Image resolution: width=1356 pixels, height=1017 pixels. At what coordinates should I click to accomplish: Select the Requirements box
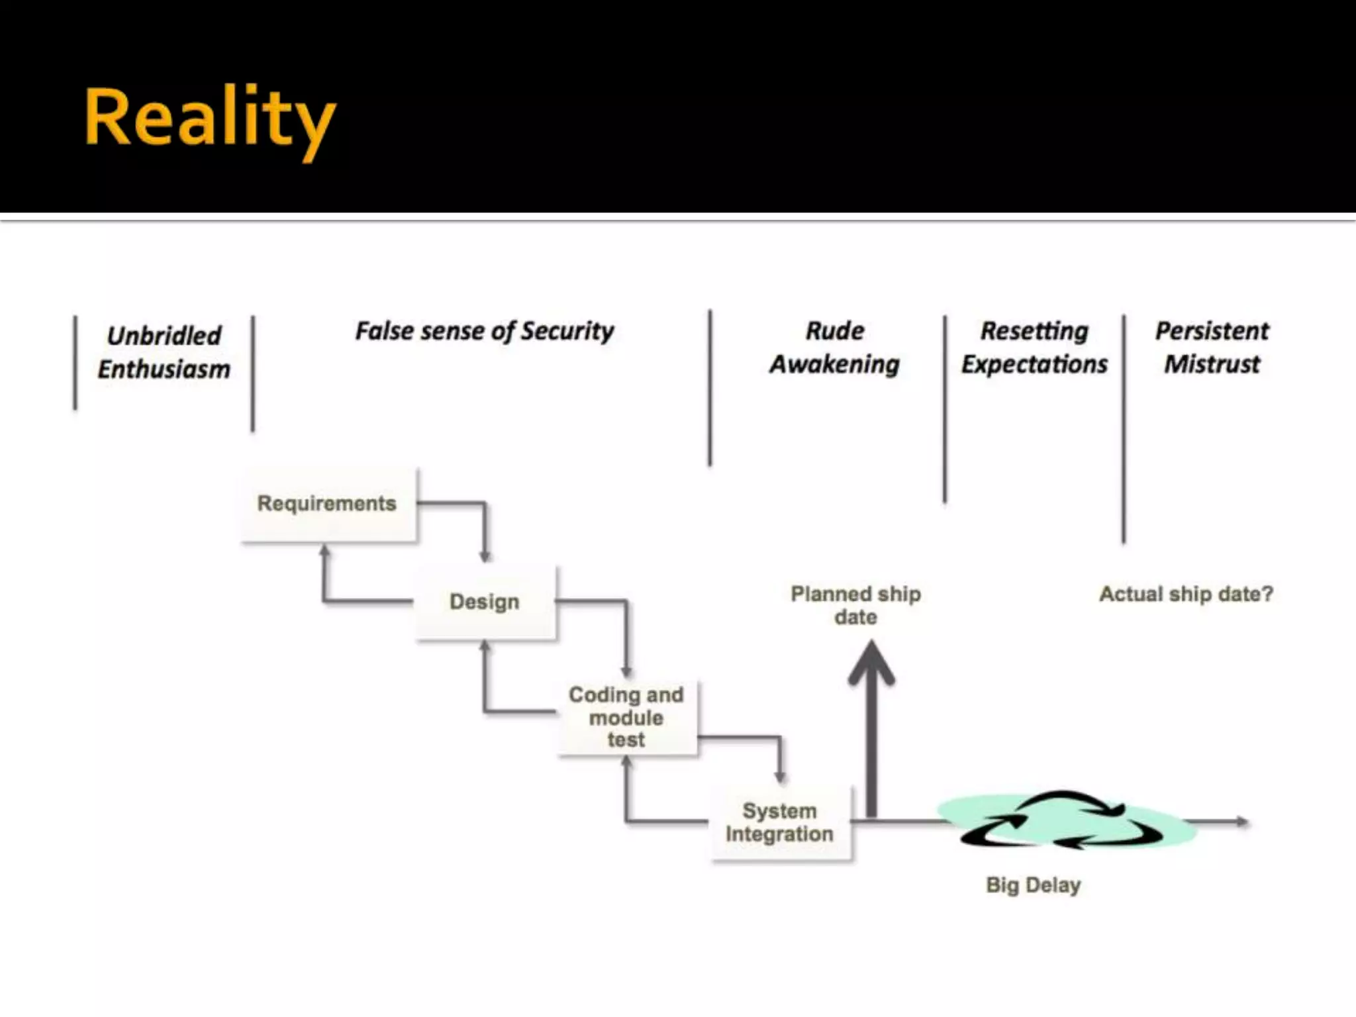click(x=327, y=504)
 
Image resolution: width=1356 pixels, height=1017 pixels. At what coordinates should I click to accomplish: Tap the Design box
click(x=485, y=602)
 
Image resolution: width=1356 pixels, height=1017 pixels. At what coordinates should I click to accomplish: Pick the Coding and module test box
click(x=626, y=717)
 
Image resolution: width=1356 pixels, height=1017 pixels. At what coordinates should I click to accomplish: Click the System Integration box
click(x=780, y=822)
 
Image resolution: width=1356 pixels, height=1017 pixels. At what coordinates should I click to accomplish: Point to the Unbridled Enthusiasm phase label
click(x=164, y=352)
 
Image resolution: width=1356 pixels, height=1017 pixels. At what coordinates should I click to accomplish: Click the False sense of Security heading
click(x=485, y=331)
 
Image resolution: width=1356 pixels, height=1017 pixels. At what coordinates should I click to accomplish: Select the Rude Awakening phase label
click(x=835, y=348)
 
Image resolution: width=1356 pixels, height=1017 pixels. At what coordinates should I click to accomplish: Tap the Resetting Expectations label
click(x=1034, y=348)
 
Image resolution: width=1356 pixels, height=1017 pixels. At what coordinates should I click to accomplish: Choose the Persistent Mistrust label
click(x=1212, y=348)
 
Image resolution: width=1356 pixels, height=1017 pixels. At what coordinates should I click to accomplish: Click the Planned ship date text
click(x=855, y=605)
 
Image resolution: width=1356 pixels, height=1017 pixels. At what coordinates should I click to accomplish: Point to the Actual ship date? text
click(x=1186, y=594)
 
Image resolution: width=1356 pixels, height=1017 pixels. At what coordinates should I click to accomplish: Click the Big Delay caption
click(x=1033, y=885)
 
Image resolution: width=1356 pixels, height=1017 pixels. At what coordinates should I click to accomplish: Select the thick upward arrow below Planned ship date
click(x=871, y=728)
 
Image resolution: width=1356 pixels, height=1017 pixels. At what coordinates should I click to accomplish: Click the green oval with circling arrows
click(x=1066, y=822)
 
